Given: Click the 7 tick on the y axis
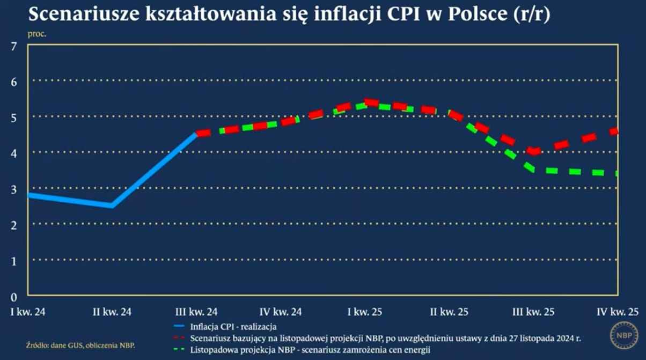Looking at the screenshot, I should tap(14, 46).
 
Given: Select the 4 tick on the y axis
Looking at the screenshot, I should tap(14, 153).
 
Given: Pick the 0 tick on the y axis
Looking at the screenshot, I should tap(14, 296).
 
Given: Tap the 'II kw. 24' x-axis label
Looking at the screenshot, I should tap(112, 312).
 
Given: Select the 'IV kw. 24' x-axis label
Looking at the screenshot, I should tap(280, 312).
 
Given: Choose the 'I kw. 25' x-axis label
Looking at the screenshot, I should tap(365, 312).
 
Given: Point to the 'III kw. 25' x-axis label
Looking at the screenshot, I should tap(533, 312).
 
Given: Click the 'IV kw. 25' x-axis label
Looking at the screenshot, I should tap(618, 312).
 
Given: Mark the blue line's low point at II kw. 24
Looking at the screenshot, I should tap(112, 205).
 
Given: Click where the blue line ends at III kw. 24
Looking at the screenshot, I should tap(196, 134).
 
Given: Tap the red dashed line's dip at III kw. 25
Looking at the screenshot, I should tap(533, 152).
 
